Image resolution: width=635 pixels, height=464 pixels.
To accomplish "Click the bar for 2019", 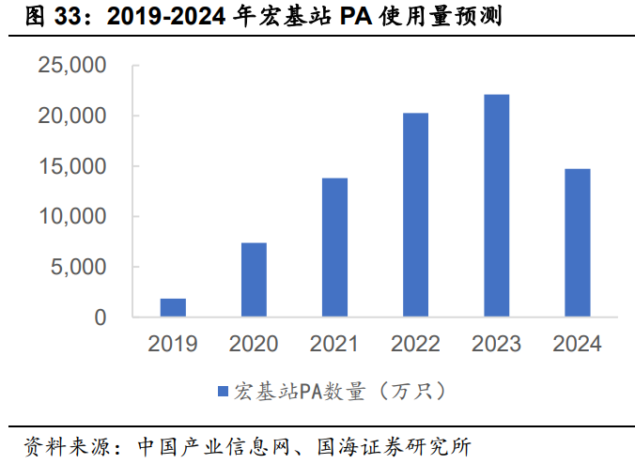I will [173, 307].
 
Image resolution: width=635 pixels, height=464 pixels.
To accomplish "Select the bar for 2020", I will [254, 279].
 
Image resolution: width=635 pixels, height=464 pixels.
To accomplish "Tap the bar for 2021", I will [334, 247].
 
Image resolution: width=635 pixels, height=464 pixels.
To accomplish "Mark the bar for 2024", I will [577, 242].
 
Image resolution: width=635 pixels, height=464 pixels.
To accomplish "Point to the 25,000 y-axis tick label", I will [71, 66].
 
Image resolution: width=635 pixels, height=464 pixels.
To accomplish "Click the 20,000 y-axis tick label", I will [71, 116].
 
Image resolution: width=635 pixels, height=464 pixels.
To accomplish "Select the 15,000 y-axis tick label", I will [71, 166].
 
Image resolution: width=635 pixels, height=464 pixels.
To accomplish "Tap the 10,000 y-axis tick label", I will [71, 216].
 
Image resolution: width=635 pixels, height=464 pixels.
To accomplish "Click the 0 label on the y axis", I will [100, 317].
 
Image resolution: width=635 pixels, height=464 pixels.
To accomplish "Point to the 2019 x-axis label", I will [173, 344].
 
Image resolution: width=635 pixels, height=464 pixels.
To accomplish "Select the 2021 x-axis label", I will [334, 344].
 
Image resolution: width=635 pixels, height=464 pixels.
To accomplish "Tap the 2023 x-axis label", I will [496, 344].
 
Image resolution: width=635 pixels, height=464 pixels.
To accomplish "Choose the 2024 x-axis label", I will [577, 344].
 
